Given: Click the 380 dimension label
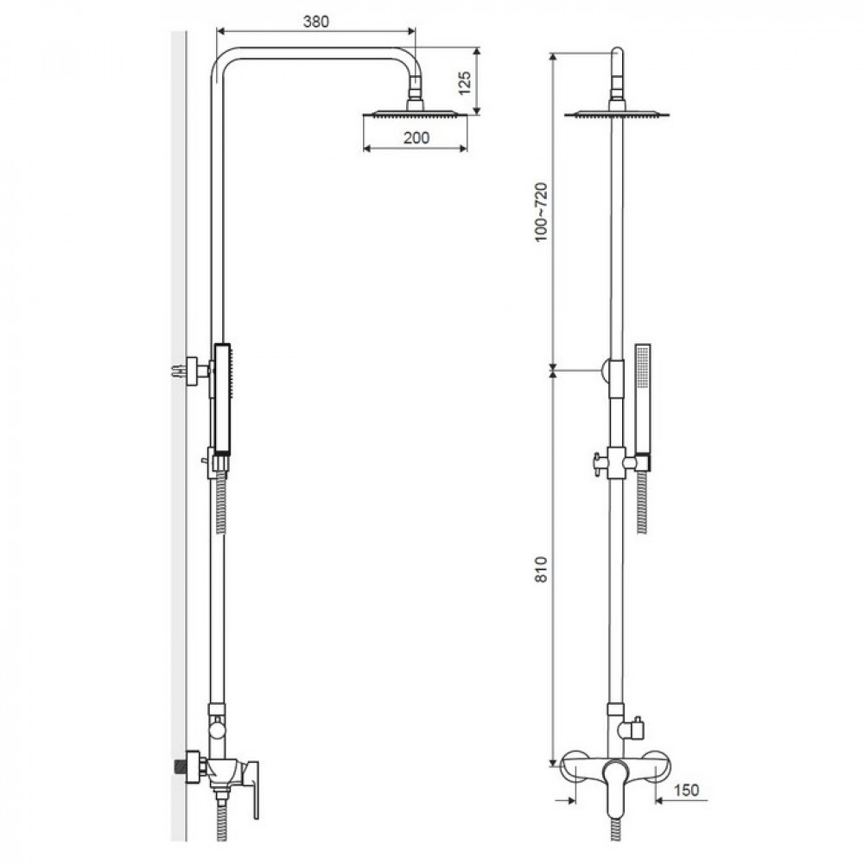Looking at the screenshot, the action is [315, 22].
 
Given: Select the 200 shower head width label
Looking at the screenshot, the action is [416, 137].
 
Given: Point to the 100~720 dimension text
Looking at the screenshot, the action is [541, 212].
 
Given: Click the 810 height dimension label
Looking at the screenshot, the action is [541, 569].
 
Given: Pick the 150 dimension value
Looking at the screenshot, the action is [685, 790].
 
